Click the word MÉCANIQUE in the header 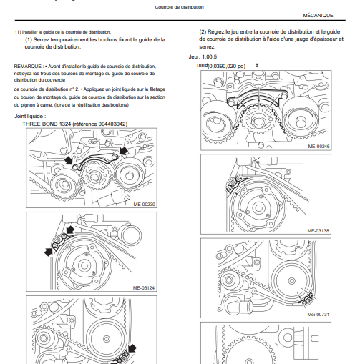pyautogui.click(x=318, y=16)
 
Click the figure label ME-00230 pyautogui.click(x=144, y=205)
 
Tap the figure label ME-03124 pyautogui.click(x=144, y=288)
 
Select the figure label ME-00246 pyautogui.click(x=318, y=146)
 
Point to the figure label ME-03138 pyautogui.click(x=318, y=231)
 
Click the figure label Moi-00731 pyautogui.click(x=318, y=315)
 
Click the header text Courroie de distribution pyautogui.click(x=180, y=7)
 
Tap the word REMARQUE pyautogui.click(x=27, y=67)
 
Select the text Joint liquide pyautogui.click(x=29, y=117)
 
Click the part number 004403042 pyautogui.click(x=112, y=124)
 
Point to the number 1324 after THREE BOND pyautogui.click(x=65, y=124)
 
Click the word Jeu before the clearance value pyautogui.click(x=193, y=57)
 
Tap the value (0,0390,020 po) pyautogui.click(x=227, y=66)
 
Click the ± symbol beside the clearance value pyautogui.click(x=257, y=65)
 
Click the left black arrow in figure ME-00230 pyautogui.click(x=69, y=160)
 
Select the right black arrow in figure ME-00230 pyautogui.click(x=123, y=150)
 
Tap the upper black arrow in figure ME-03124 pyautogui.click(x=70, y=230)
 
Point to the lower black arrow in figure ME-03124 pyautogui.click(x=49, y=252)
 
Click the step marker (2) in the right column pyautogui.click(x=203, y=32)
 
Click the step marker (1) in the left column pyautogui.click(x=29, y=39)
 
